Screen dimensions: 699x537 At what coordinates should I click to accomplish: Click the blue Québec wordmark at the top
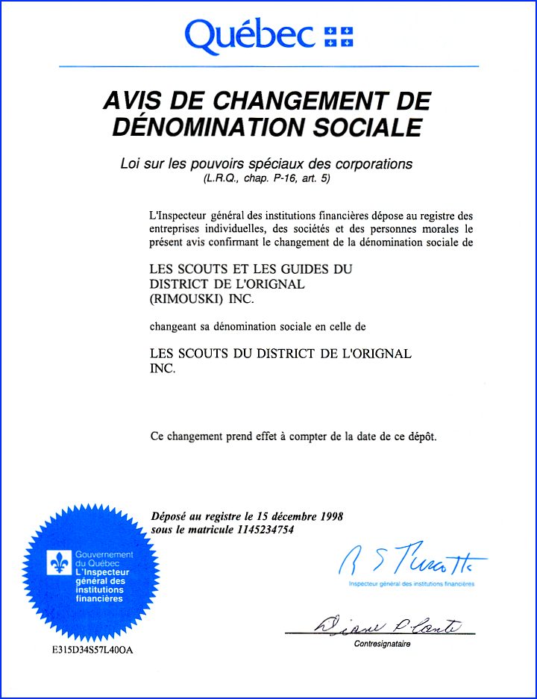click(x=250, y=34)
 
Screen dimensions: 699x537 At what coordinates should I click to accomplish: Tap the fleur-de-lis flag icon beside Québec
click(x=339, y=35)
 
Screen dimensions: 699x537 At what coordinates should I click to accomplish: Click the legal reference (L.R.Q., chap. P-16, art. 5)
click(x=267, y=180)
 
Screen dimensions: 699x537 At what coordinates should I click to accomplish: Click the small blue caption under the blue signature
click(x=411, y=584)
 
